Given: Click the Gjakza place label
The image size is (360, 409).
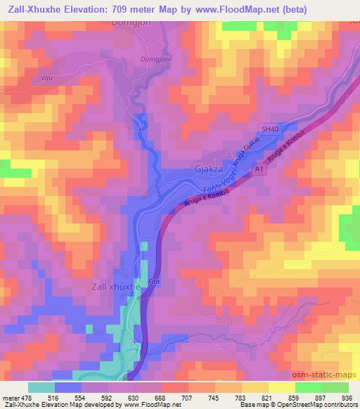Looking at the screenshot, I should [209, 169].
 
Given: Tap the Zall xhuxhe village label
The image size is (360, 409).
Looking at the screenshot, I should [117, 287].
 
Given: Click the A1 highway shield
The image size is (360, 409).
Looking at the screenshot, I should [259, 170].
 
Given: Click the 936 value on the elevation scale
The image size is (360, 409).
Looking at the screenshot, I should [346, 397].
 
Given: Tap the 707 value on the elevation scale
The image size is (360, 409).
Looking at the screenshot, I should [188, 397].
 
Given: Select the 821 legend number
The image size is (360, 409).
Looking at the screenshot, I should [267, 397].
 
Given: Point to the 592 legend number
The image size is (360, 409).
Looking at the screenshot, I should [108, 397].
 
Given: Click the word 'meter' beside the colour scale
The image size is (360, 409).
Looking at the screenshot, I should [10, 397].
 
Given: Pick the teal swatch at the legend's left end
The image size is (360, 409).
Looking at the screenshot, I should [41, 387].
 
